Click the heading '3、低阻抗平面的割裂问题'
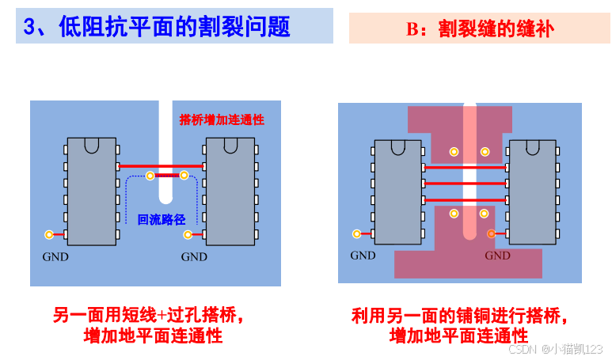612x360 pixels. [157, 27]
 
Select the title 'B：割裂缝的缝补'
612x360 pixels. [480, 29]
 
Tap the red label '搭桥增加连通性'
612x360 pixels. [222, 120]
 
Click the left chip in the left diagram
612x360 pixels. [91, 190]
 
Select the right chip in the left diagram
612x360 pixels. [229, 190]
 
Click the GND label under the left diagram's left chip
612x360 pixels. [55, 256]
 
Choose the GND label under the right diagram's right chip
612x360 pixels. [498, 256]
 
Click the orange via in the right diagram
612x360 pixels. [491, 233]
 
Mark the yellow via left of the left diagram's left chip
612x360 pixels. [49, 234]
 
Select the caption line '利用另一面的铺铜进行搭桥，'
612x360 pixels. [460, 316]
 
